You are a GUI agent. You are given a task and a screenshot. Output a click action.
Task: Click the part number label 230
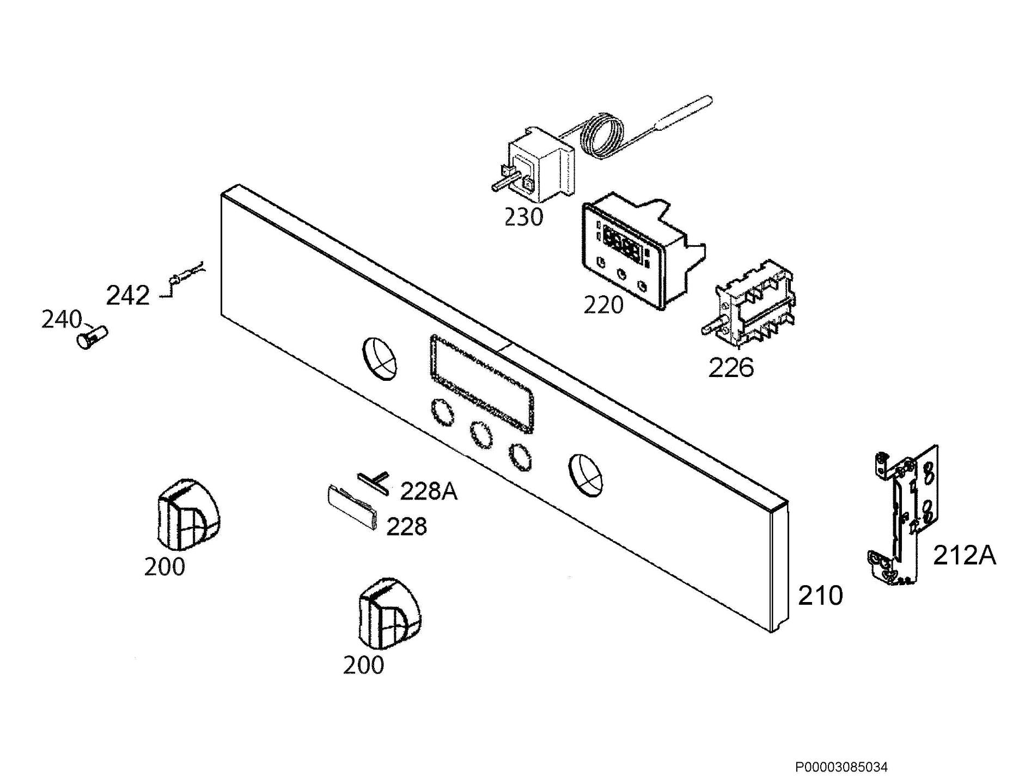tap(523, 217)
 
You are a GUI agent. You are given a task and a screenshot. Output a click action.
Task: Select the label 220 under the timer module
tap(603, 305)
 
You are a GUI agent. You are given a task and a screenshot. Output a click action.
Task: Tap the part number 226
tap(731, 368)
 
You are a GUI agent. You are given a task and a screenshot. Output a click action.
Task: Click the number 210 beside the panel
tap(820, 595)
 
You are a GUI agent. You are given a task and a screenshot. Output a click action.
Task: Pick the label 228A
tap(429, 491)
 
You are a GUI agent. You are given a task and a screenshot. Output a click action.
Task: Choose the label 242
tap(127, 296)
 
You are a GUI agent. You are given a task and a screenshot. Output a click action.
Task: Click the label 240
tap(62, 320)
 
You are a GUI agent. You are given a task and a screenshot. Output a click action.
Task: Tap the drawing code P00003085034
tap(841, 768)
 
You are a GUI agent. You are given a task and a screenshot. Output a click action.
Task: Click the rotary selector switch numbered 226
tap(747, 303)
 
